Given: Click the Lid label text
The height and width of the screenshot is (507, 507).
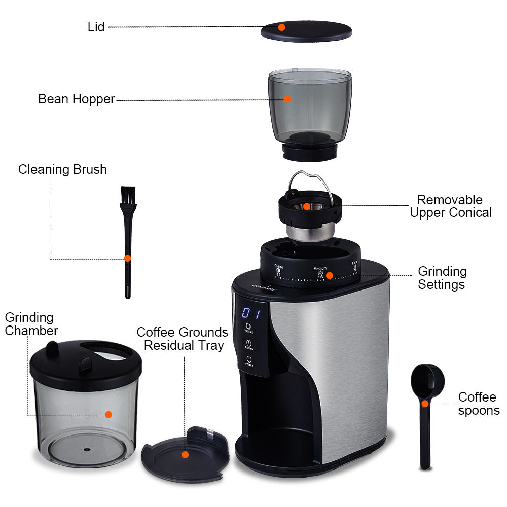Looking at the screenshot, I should click(x=96, y=27).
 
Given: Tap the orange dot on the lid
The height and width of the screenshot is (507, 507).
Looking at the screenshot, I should click(x=281, y=27).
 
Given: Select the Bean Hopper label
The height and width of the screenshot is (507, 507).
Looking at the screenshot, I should click(x=77, y=99).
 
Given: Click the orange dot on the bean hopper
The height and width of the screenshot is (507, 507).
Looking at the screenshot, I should click(x=287, y=99).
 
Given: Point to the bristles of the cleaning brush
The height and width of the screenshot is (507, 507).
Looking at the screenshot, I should click(x=128, y=195).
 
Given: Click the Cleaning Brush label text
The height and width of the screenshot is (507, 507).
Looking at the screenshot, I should click(x=62, y=169).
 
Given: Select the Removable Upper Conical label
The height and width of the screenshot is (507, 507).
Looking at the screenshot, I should click(x=451, y=206).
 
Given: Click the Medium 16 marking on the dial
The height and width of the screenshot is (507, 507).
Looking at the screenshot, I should click(x=320, y=273).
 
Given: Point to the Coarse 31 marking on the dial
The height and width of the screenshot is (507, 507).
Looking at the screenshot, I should click(x=278, y=270).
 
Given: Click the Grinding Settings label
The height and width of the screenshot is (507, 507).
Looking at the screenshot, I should click(x=442, y=278).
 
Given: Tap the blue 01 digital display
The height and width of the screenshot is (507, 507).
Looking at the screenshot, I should click(x=251, y=313).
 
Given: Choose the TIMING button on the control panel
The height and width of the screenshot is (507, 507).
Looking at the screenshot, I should click(x=249, y=345).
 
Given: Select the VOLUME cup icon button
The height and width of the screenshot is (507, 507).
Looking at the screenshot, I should click(x=248, y=327).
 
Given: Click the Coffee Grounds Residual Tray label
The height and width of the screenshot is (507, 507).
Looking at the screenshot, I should click(x=182, y=339).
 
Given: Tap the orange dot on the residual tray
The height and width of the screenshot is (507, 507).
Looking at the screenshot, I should click(x=185, y=455).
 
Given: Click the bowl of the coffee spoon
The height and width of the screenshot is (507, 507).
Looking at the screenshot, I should click(x=425, y=378).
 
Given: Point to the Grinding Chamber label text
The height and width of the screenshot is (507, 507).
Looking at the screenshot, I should click(x=31, y=324).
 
